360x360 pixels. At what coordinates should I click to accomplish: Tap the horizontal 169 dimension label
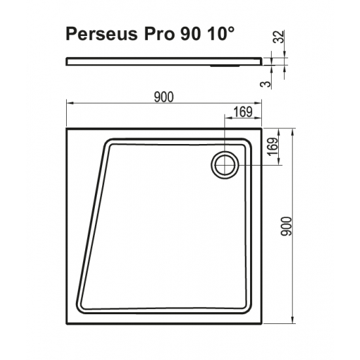click(x=242, y=112)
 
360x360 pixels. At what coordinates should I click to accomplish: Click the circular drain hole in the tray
click(x=225, y=164)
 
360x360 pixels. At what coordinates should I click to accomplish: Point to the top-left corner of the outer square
click(x=67, y=128)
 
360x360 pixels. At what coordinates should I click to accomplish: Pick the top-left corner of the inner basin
click(x=108, y=139)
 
